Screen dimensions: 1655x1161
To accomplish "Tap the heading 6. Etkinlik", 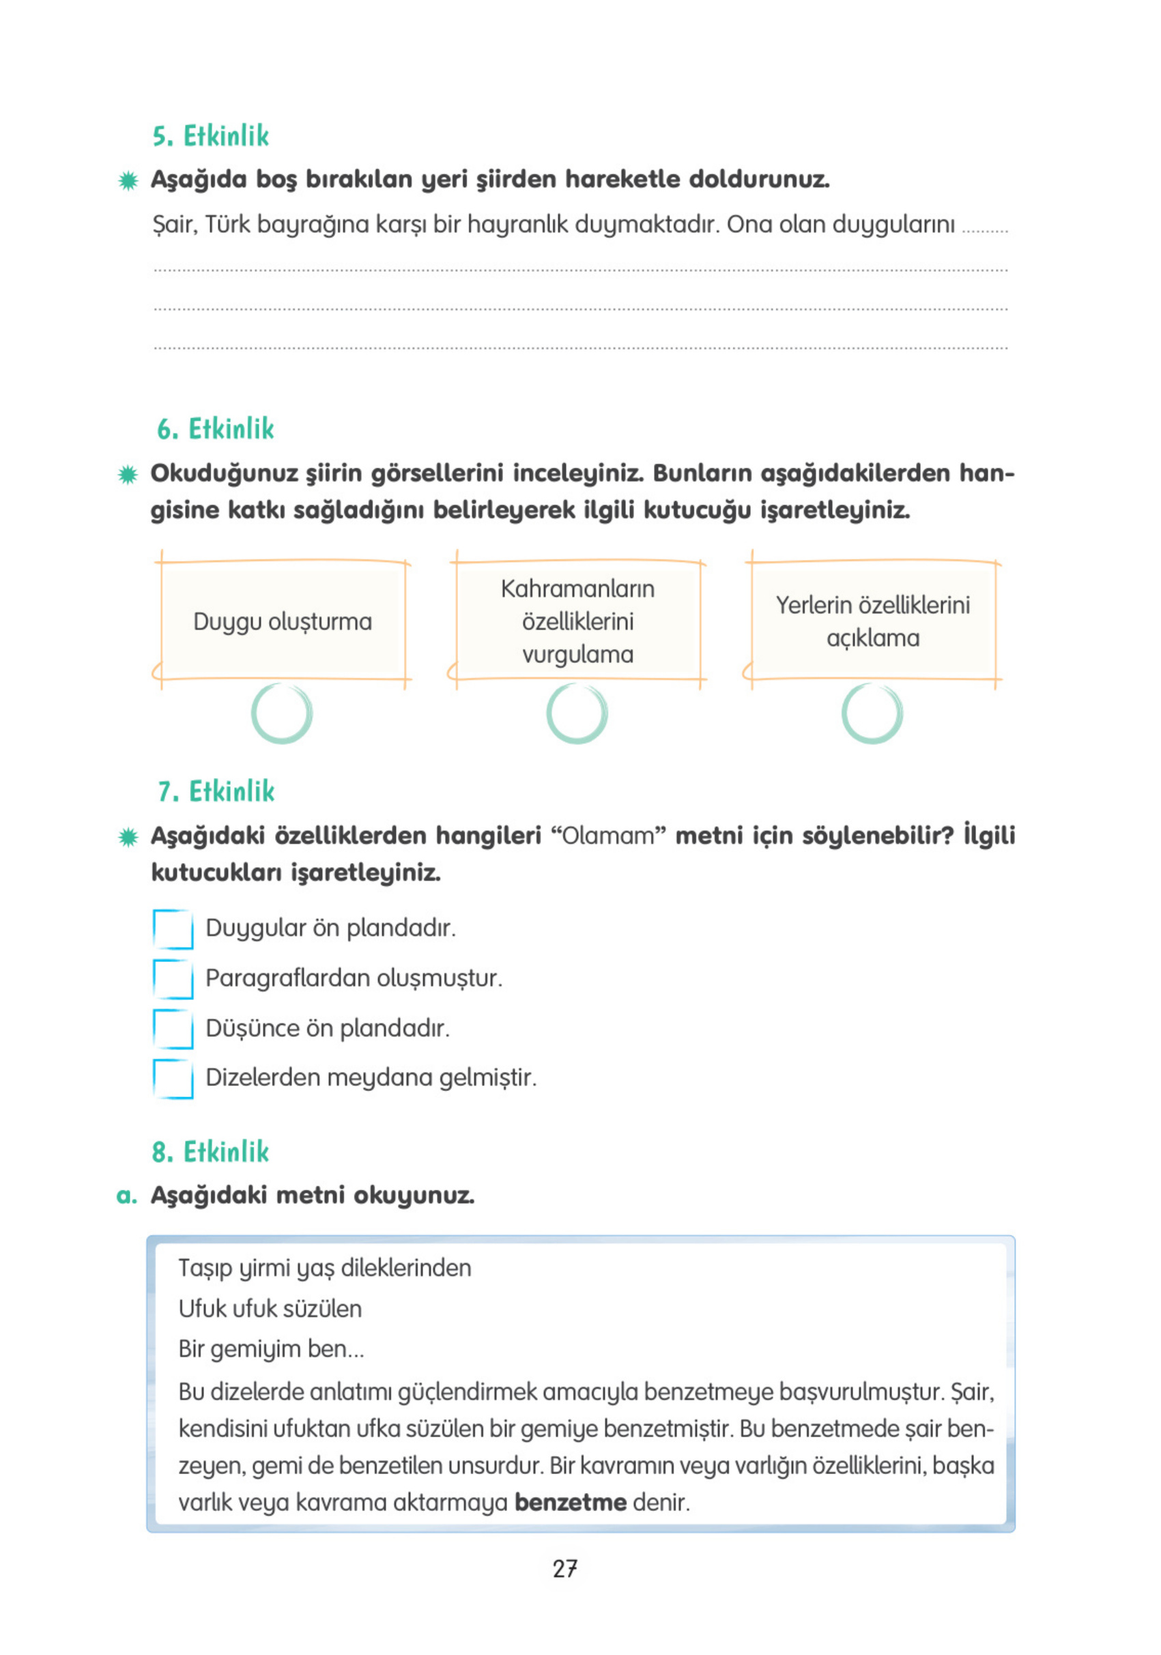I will point(216,429).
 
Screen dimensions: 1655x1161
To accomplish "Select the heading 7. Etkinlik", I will point(216,791).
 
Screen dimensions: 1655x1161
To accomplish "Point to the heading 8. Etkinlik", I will point(210,1152).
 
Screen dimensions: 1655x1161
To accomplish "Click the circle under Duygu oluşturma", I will point(282,713).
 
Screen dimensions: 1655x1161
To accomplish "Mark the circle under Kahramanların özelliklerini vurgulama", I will point(577,713).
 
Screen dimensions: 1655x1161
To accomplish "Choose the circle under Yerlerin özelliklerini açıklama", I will point(872,713).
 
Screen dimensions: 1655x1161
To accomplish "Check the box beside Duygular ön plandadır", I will point(173,929).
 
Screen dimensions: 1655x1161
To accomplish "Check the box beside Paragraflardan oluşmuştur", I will point(173,979).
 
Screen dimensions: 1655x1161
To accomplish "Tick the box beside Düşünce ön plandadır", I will point(173,1029).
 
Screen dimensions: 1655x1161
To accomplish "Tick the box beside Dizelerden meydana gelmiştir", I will point(173,1078).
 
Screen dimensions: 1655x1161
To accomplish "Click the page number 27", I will point(565,1568).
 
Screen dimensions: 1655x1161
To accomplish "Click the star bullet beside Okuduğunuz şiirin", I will point(128,475).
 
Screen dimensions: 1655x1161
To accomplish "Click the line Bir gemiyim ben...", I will point(271,1348).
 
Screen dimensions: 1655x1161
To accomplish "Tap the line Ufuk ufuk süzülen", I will point(270,1308).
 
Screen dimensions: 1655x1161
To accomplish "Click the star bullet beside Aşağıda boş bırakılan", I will point(128,180).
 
